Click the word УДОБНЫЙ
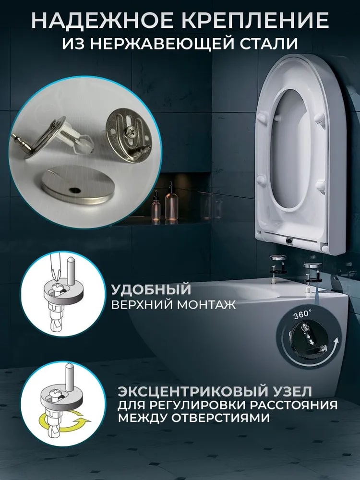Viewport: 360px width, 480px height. [x=151, y=289]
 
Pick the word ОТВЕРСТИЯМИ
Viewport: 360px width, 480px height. [x=220, y=418]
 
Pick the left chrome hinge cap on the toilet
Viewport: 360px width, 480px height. [x=278, y=258]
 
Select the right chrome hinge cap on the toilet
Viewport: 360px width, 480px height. [x=312, y=265]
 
